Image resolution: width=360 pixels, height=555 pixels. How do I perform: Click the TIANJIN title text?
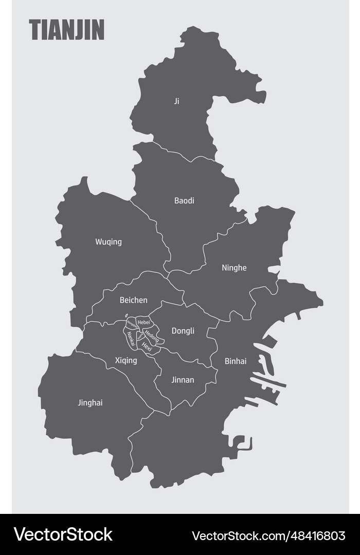66,30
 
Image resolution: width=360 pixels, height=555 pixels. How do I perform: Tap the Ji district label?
177,101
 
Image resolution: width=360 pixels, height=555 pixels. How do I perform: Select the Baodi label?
184,201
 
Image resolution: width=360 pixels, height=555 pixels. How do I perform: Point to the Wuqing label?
109,242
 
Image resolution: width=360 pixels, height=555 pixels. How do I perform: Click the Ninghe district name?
234,268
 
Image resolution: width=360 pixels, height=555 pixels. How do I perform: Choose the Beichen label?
133,300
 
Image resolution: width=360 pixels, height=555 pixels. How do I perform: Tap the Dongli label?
183,331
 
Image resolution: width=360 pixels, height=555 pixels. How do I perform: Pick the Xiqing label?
126,361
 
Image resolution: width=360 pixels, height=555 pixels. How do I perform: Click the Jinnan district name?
183,380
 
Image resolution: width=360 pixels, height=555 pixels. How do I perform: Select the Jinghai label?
90,403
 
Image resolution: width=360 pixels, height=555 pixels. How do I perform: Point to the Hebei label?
143,322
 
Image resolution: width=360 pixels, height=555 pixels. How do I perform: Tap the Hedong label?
151,337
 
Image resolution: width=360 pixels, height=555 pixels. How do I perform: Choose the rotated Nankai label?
131,339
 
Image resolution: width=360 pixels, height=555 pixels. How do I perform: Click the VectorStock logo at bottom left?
63,534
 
